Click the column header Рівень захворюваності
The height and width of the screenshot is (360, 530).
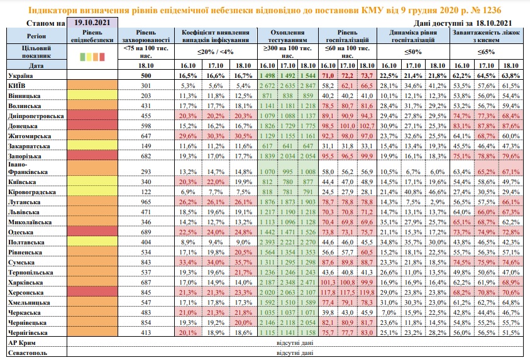[x=146, y=35]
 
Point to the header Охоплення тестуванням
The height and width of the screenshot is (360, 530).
[x=287, y=35]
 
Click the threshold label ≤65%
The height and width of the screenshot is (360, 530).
[x=487, y=52]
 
